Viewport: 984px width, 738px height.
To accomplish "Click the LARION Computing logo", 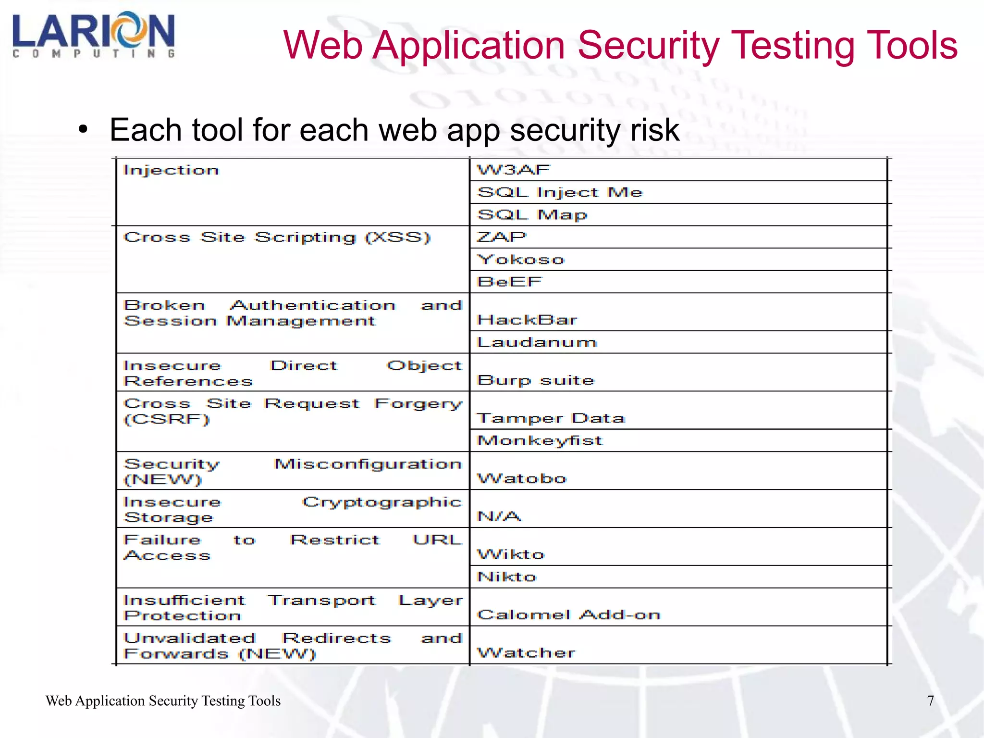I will [x=94, y=35].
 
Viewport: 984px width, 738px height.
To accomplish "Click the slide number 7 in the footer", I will [x=930, y=700].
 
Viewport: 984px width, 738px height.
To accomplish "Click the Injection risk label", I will [x=171, y=170].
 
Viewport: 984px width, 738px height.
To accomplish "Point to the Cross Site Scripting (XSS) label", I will [x=277, y=238].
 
